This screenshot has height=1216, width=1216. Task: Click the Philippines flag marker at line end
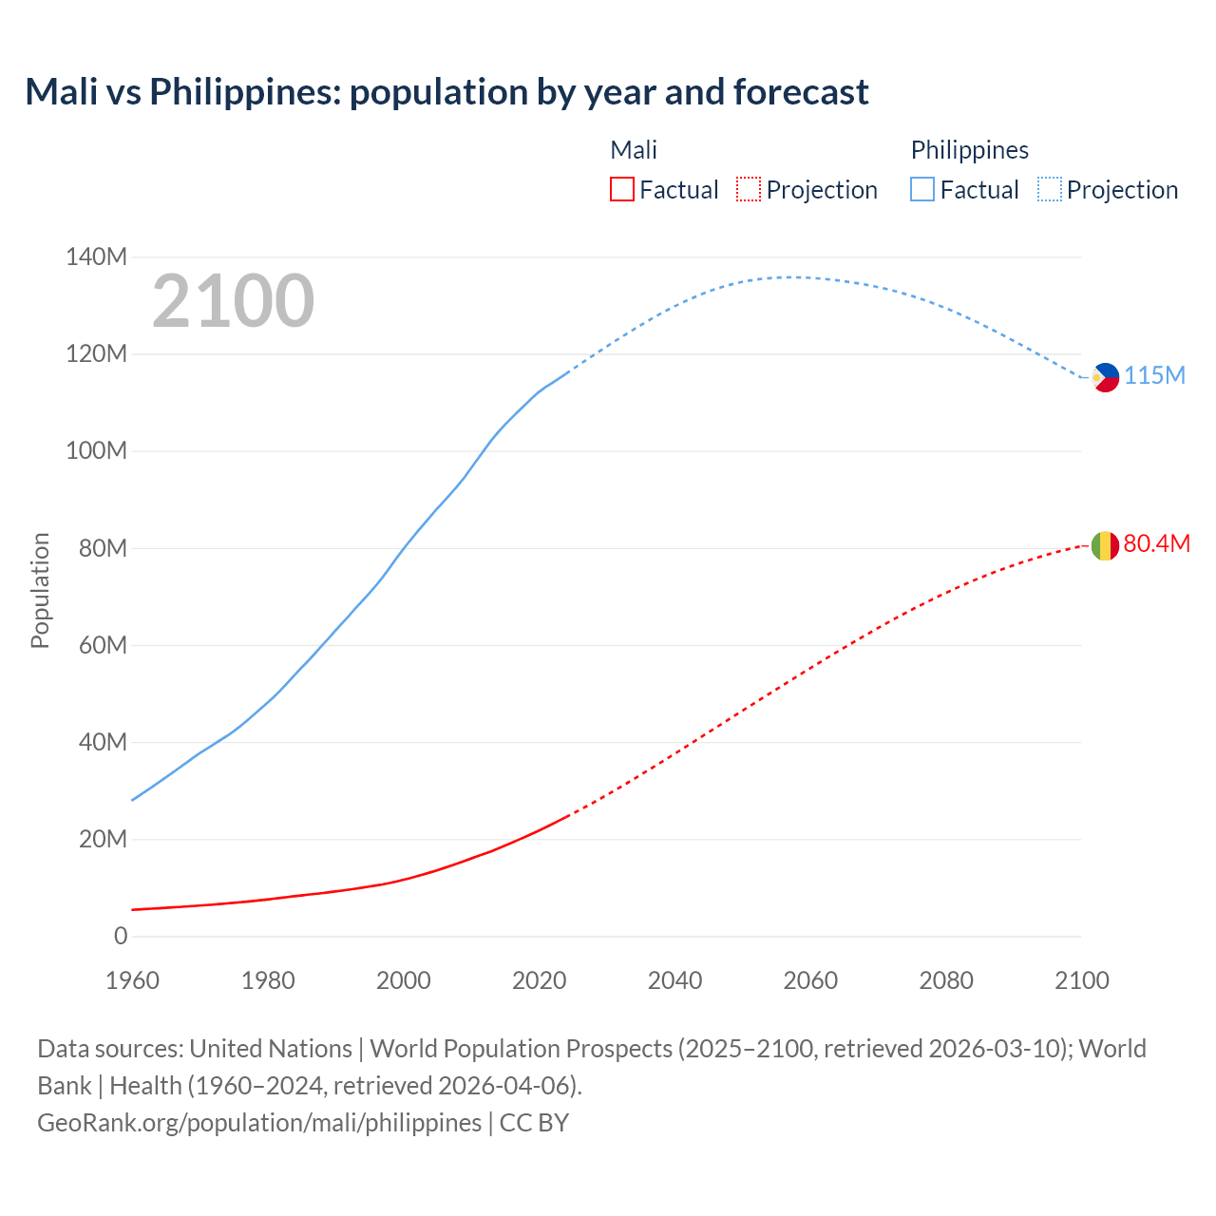pyautogui.click(x=1106, y=377)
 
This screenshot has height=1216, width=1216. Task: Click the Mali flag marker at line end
pyautogui.click(x=1105, y=545)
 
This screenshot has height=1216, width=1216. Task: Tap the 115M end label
pyautogui.click(x=1155, y=375)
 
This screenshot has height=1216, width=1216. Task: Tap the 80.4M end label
pyautogui.click(x=1156, y=543)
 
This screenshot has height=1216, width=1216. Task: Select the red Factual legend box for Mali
pyautogui.click(x=621, y=189)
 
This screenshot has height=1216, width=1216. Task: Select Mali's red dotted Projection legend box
pyautogui.click(x=749, y=189)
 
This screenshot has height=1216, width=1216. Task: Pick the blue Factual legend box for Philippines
pyautogui.click(x=922, y=189)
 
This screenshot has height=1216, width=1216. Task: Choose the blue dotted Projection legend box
pyautogui.click(x=1049, y=189)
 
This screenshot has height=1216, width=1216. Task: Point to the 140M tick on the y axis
pyautogui.click(x=96, y=256)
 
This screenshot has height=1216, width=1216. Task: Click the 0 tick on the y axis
pyautogui.click(x=121, y=936)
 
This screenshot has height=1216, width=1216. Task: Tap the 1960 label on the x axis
pyautogui.click(x=132, y=980)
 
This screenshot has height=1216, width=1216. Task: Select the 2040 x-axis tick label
pyautogui.click(x=674, y=980)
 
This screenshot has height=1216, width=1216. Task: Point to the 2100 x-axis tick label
pyautogui.click(x=1081, y=980)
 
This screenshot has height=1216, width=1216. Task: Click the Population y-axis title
pyautogui.click(x=40, y=590)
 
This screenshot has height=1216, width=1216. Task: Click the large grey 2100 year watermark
pyautogui.click(x=233, y=301)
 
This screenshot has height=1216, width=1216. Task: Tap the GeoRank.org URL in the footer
pyautogui.click(x=259, y=1122)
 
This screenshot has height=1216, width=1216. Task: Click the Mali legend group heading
pyautogui.click(x=633, y=150)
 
